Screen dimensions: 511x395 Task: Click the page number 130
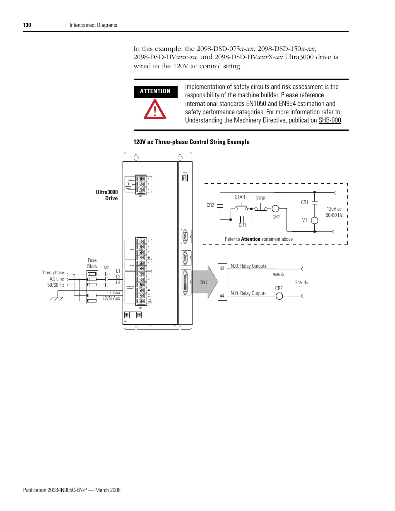(x=27, y=25)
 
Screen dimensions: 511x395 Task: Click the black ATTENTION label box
(x=155, y=91)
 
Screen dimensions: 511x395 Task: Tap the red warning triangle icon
(x=155, y=110)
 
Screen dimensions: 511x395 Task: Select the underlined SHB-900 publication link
(x=330, y=120)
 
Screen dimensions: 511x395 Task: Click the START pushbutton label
(x=241, y=197)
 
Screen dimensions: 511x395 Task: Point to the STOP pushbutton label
(x=260, y=199)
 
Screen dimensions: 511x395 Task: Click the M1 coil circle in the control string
(x=315, y=221)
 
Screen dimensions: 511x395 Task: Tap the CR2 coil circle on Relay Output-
(x=279, y=296)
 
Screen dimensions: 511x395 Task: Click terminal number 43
(x=222, y=269)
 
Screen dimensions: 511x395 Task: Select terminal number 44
(x=222, y=296)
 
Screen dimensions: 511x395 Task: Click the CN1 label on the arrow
(x=203, y=283)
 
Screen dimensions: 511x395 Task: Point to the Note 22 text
(x=278, y=274)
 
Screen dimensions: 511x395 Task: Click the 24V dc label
(x=301, y=283)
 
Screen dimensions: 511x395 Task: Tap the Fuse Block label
(x=92, y=264)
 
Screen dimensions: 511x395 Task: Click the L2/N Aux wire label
(x=111, y=298)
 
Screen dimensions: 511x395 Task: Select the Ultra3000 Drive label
(x=107, y=195)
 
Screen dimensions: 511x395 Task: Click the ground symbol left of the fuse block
(x=56, y=298)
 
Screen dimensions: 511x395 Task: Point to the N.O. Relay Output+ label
(x=248, y=266)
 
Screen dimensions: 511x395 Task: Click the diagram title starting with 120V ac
(x=191, y=142)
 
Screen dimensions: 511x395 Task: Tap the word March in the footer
(x=102, y=490)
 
